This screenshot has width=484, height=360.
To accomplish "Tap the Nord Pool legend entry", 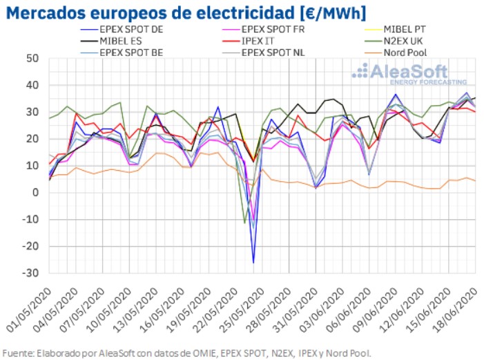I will [405, 53].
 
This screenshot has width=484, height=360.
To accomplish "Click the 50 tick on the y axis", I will [31, 58].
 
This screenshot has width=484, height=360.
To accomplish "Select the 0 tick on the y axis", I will [35, 193].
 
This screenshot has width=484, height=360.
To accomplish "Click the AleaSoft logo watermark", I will [400, 73].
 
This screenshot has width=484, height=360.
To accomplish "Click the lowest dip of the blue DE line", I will [253, 263].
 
